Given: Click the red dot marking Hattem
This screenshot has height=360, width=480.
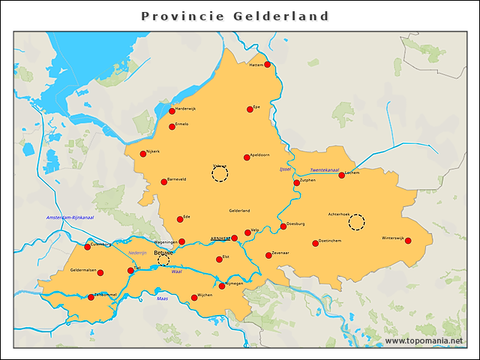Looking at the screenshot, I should [x=267, y=64].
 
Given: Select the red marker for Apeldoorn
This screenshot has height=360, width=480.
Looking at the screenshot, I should [x=247, y=157].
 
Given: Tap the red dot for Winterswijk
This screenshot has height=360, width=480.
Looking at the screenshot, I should [x=408, y=241].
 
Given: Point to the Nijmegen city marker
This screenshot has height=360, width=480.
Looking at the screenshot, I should [x=222, y=285].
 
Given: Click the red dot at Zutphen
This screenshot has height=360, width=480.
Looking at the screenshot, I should [x=296, y=182].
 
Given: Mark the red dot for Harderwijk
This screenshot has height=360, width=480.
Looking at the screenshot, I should [x=172, y=111].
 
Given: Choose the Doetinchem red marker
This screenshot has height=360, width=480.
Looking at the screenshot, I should [x=315, y=243].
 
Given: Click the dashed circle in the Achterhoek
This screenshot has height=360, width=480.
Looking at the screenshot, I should [x=357, y=222].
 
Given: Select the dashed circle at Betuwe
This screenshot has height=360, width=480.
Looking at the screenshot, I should [x=163, y=260].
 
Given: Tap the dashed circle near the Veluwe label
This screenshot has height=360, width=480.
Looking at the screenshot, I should [x=219, y=175].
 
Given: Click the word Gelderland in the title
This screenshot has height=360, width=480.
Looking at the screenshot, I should [x=284, y=16].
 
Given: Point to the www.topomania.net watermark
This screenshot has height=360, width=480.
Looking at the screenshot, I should [x=424, y=341].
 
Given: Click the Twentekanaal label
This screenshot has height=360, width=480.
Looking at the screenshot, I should [x=325, y=170].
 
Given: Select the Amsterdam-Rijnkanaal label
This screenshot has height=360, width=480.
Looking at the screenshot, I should [x=70, y=217].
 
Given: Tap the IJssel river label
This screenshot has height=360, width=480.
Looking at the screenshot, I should [x=284, y=169].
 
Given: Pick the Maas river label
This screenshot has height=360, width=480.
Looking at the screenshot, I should [x=162, y=298].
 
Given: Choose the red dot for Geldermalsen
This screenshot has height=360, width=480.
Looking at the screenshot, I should [x=100, y=272].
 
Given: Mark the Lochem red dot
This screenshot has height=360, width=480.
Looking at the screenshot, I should [x=341, y=175].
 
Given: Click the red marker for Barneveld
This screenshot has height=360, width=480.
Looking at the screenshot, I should [x=164, y=181].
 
